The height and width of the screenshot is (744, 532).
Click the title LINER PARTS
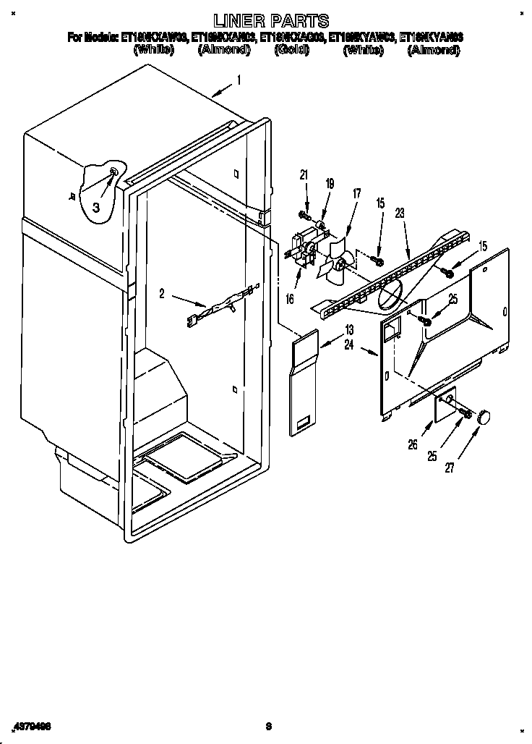point(267,21)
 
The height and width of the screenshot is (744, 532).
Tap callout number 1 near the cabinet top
point(239,81)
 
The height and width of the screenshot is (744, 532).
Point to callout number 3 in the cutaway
point(95,207)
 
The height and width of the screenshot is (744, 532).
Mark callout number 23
point(399,214)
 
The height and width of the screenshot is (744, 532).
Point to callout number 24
point(349,345)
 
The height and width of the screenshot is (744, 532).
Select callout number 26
point(413,445)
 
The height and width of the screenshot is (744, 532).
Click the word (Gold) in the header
point(293,50)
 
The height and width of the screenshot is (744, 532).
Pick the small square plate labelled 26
point(444,405)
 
